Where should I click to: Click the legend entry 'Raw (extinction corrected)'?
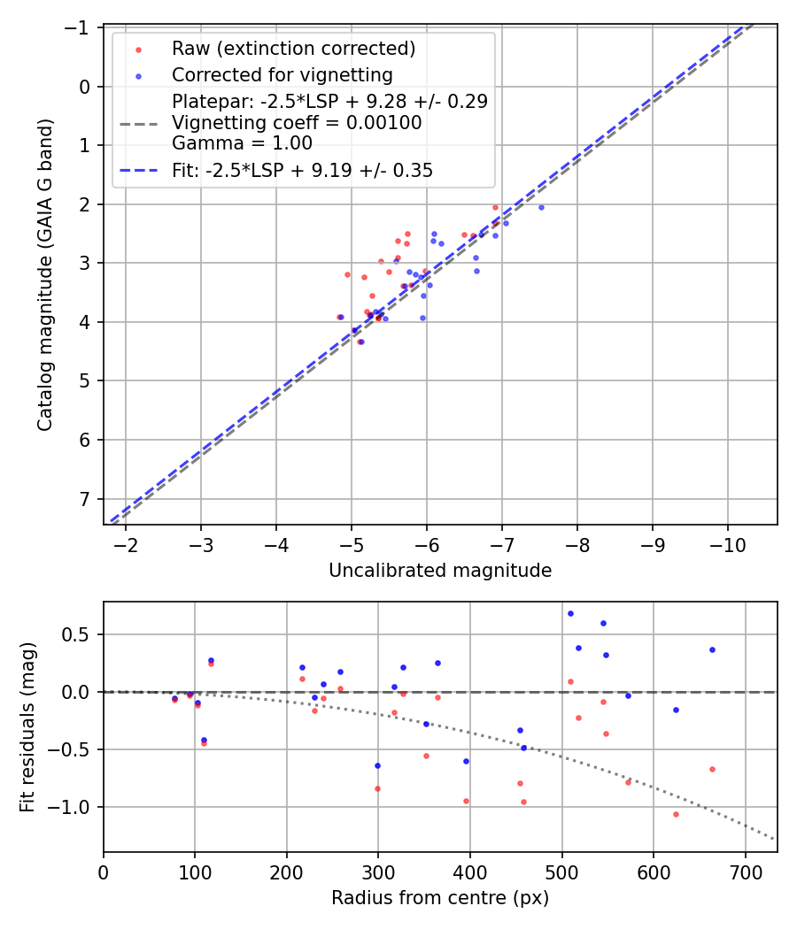coord(294,48)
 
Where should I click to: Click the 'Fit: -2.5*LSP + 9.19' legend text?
coord(302,171)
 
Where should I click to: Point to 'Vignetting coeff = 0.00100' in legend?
coord(297,123)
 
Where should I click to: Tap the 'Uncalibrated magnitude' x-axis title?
coord(440,571)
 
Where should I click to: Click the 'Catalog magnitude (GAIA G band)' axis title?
coord(45,275)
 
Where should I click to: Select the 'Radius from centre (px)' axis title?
coord(440,898)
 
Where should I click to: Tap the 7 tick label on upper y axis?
coord(84,499)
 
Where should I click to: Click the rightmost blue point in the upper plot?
coord(541,207)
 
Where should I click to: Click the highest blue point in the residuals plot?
coord(570,613)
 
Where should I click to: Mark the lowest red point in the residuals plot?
coord(676,814)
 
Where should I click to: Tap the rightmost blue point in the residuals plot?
coord(712,649)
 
